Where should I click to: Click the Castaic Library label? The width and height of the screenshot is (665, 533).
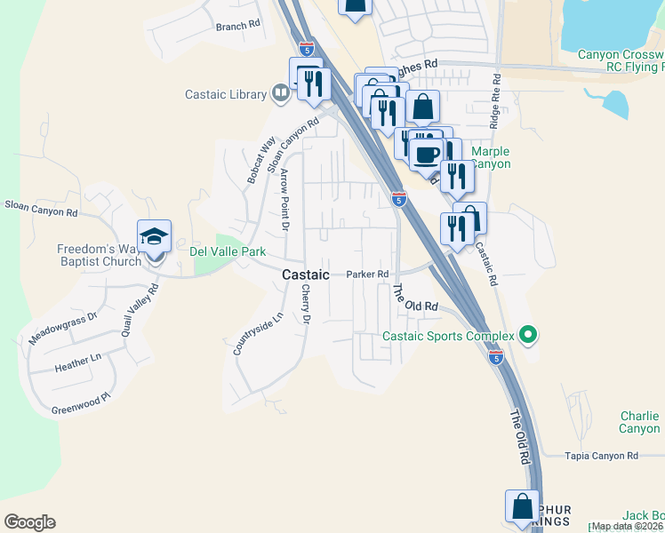225,95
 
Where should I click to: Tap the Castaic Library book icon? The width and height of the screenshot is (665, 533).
280,92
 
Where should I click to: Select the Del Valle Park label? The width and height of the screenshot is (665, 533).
228,252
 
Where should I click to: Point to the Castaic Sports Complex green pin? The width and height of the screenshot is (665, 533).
528,335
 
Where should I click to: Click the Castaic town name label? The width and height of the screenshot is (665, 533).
306,275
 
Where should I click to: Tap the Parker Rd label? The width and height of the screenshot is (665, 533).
368,274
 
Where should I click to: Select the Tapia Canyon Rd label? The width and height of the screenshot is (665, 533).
602,456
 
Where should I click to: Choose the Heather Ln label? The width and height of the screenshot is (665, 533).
79,364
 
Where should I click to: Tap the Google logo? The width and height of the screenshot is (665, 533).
29,522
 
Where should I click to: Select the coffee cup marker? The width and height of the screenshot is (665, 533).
426,154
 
